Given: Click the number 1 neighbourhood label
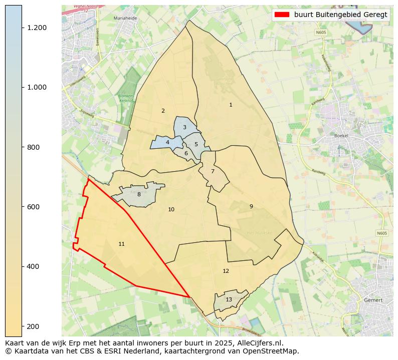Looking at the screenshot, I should tap(231, 105).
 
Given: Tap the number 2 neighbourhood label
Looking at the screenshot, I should tap(163, 111).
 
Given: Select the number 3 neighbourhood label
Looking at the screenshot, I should tap(184, 128).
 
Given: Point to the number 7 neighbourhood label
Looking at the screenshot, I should tap(213, 171).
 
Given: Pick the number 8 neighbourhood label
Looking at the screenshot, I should tap(139, 194).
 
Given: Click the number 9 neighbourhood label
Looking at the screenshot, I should tap(251, 206).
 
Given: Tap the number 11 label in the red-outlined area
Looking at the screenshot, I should tap(121, 244).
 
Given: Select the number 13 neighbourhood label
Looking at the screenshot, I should tap(229, 299).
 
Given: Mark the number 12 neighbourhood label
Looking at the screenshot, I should tap(226, 271).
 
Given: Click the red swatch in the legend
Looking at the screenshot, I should tap(282, 15).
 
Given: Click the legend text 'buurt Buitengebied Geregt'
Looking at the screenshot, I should tap(341, 15).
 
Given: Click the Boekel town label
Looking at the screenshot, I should tap(341, 136).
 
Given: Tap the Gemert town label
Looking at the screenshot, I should tap(373, 300).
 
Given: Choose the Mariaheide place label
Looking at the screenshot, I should tap(125, 18).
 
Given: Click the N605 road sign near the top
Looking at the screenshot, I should tap(321, 32).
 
